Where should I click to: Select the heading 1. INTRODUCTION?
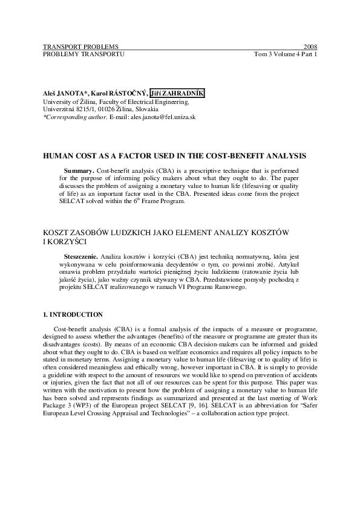click(73, 315)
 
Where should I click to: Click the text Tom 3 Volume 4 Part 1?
click(286, 54)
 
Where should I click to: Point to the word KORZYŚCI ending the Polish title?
click(70, 242)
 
